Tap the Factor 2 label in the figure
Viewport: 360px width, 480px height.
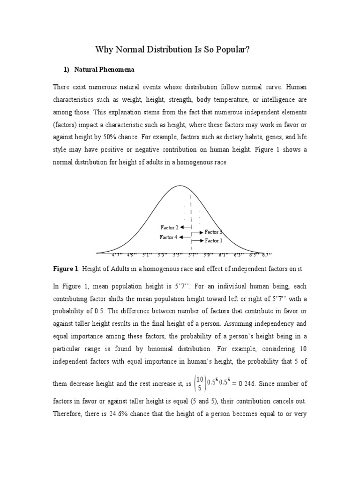pyautogui.click(x=169, y=227)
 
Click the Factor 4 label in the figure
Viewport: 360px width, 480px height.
pyautogui.click(x=168, y=237)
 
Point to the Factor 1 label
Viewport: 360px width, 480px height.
pyautogui.click(x=213, y=240)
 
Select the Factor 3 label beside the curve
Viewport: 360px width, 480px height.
pyautogui.click(x=213, y=232)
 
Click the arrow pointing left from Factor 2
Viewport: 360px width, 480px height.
pyautogui.click(x=185, y=227)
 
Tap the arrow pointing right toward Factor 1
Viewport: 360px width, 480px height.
pyautogui.click(x=197, y=241)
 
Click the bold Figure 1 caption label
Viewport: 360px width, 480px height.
pyautogui.click(x=66, y=269)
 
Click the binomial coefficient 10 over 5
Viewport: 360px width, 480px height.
pyautogui.click(x=200, y=383)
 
